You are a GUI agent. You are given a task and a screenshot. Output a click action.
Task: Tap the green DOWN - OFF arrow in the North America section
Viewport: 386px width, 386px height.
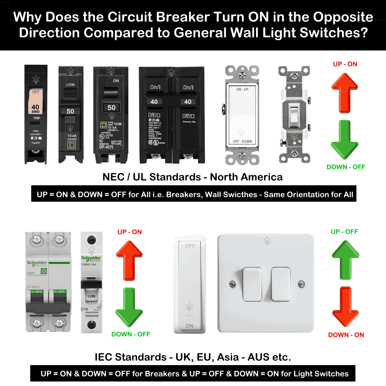[x=345, y=140]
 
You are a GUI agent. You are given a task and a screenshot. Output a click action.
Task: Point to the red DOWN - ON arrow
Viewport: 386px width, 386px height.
[x=345, y=307]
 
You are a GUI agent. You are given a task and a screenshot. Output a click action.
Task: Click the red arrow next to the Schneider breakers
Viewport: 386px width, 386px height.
[x=129, y=261]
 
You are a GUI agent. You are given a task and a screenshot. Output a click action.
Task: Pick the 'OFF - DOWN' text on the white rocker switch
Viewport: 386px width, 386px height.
[x=242, y=142]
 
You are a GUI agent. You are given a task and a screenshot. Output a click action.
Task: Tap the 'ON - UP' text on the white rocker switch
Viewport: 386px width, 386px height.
[x=242, y=89]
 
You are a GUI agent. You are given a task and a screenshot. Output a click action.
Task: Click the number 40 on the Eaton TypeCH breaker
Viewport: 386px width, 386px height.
[x=35, y=107]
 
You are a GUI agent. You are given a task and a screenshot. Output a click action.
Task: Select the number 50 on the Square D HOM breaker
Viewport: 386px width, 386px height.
[x=111, y=108]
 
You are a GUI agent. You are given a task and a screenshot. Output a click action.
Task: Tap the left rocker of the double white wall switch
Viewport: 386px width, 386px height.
[x=252, y=284]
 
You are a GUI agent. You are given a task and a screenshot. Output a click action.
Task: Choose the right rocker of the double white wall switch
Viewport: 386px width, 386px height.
[x=280, y=284]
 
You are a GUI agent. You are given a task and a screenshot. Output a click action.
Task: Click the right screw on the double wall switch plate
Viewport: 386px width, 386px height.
[x=301, y=283]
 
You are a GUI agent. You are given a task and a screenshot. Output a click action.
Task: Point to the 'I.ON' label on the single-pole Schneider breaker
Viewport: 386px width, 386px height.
[x=91, y=296]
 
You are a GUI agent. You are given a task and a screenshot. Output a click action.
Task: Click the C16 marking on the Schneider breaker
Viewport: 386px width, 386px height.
[x=84, y=309]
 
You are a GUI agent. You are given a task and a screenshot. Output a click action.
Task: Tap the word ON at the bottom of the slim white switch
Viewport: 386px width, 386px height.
[x=189, y=326]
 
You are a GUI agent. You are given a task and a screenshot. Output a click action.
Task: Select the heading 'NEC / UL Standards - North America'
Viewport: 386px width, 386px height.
[x=192, y=177]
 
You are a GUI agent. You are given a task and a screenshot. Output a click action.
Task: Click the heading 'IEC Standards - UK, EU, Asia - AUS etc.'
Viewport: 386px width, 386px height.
[x=193, y=357]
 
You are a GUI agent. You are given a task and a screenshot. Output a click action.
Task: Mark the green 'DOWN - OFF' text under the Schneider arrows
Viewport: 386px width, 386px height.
[x=131, y=334]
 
